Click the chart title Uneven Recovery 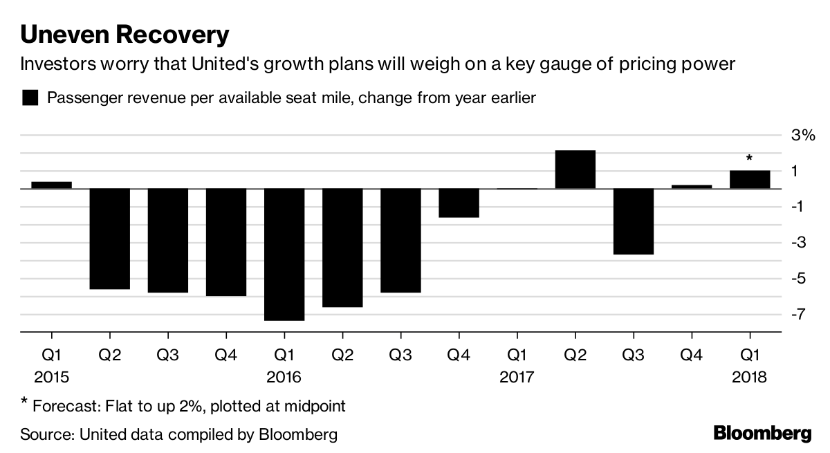124,34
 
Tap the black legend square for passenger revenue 30,98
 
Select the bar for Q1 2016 284,254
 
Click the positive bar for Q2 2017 575,169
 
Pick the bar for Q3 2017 633,221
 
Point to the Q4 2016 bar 459,203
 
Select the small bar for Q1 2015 52,185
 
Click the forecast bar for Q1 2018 750,179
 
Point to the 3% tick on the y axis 803,135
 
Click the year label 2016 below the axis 284,378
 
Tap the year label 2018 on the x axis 750,378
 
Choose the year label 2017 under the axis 517,378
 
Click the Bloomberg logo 762,434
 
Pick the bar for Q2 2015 110,239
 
